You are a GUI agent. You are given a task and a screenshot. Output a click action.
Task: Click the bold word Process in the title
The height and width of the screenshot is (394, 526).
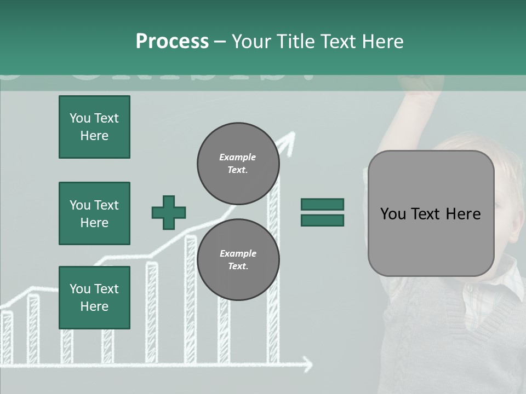[x=172, y=42]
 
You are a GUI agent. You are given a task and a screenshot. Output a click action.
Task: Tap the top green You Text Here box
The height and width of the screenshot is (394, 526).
[x=94, y=127]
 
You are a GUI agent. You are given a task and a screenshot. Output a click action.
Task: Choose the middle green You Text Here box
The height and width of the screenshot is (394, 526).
[x=94, y=213]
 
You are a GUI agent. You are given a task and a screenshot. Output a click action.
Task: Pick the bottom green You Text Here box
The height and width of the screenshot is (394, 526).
[x=94, y=297]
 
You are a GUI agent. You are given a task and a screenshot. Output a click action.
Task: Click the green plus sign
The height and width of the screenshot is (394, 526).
[x=169, y=212]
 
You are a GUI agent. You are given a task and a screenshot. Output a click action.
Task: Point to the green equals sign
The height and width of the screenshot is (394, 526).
[x=322, y=212]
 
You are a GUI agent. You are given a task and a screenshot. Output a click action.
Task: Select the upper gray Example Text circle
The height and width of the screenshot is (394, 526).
[x=238, y=164]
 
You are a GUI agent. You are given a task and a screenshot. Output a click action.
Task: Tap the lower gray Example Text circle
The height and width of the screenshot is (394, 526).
[x=238, y=259]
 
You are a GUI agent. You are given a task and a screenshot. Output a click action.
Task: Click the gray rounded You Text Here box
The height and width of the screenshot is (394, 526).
[x=431, y=213]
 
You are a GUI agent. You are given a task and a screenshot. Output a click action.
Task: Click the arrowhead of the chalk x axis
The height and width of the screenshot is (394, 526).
[x=308, y=364]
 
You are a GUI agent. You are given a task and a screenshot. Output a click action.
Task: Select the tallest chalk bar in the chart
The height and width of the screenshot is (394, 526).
[x=273, y=274]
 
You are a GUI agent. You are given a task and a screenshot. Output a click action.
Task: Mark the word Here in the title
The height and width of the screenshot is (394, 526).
[x=382, y=42]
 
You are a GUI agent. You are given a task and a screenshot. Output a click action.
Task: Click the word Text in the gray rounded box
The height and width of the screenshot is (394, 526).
[x=431, y=214]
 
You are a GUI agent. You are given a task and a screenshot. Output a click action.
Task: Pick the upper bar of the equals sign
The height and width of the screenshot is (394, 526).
[x=322, y=205]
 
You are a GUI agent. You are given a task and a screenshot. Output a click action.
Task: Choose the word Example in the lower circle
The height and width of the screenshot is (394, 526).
[x=238, y=253]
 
